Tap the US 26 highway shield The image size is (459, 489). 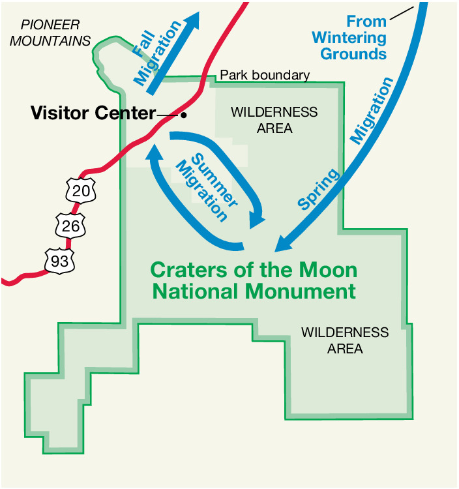[x=68, y=226]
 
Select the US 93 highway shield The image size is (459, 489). [x=59, y=260]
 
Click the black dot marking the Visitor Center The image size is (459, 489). [x=184, y=115]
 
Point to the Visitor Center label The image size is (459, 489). [x=93, y=113]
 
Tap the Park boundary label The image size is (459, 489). [x=264, y=75]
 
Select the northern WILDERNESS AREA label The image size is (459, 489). [x=274, y=120]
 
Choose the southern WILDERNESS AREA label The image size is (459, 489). [x=345, y=340]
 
